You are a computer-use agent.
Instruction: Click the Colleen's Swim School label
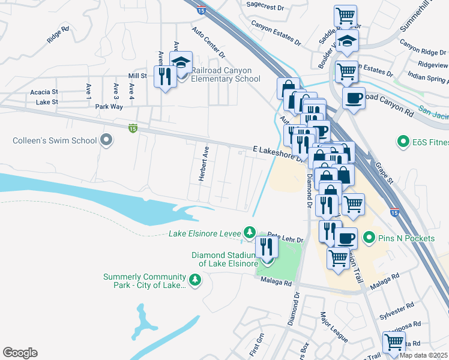tap(55, 141)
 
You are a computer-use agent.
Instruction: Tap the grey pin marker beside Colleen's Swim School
tap(107, 141)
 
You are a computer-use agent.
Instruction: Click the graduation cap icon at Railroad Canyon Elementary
tap(180, 62)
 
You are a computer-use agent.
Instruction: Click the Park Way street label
tap(109, 106)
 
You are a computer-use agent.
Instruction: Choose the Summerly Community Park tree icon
tap(194, 280)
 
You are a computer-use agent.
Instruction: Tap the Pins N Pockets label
tap(406, 238)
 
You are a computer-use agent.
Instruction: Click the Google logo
tap(20, 353)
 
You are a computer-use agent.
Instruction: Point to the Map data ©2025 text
tap(423, 355)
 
